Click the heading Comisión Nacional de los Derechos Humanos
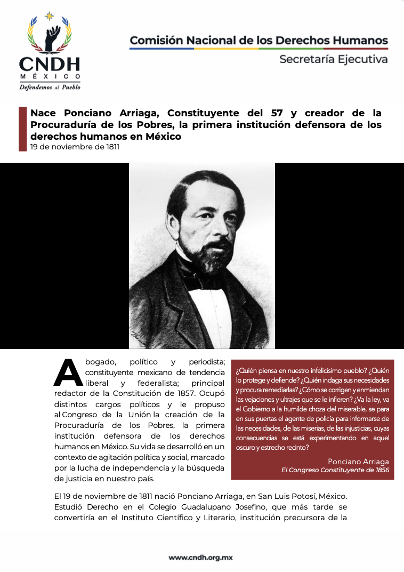(258, 41)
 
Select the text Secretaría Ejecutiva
(333, 59)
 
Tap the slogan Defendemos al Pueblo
(50, 87)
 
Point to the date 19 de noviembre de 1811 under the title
(75, 146)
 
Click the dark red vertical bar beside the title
(22, 129)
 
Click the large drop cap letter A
(68, 372)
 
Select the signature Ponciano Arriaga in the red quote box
(358, 461)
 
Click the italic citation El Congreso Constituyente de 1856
(335, 470)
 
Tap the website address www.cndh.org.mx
(202, 558)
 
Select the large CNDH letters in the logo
(50, 65)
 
